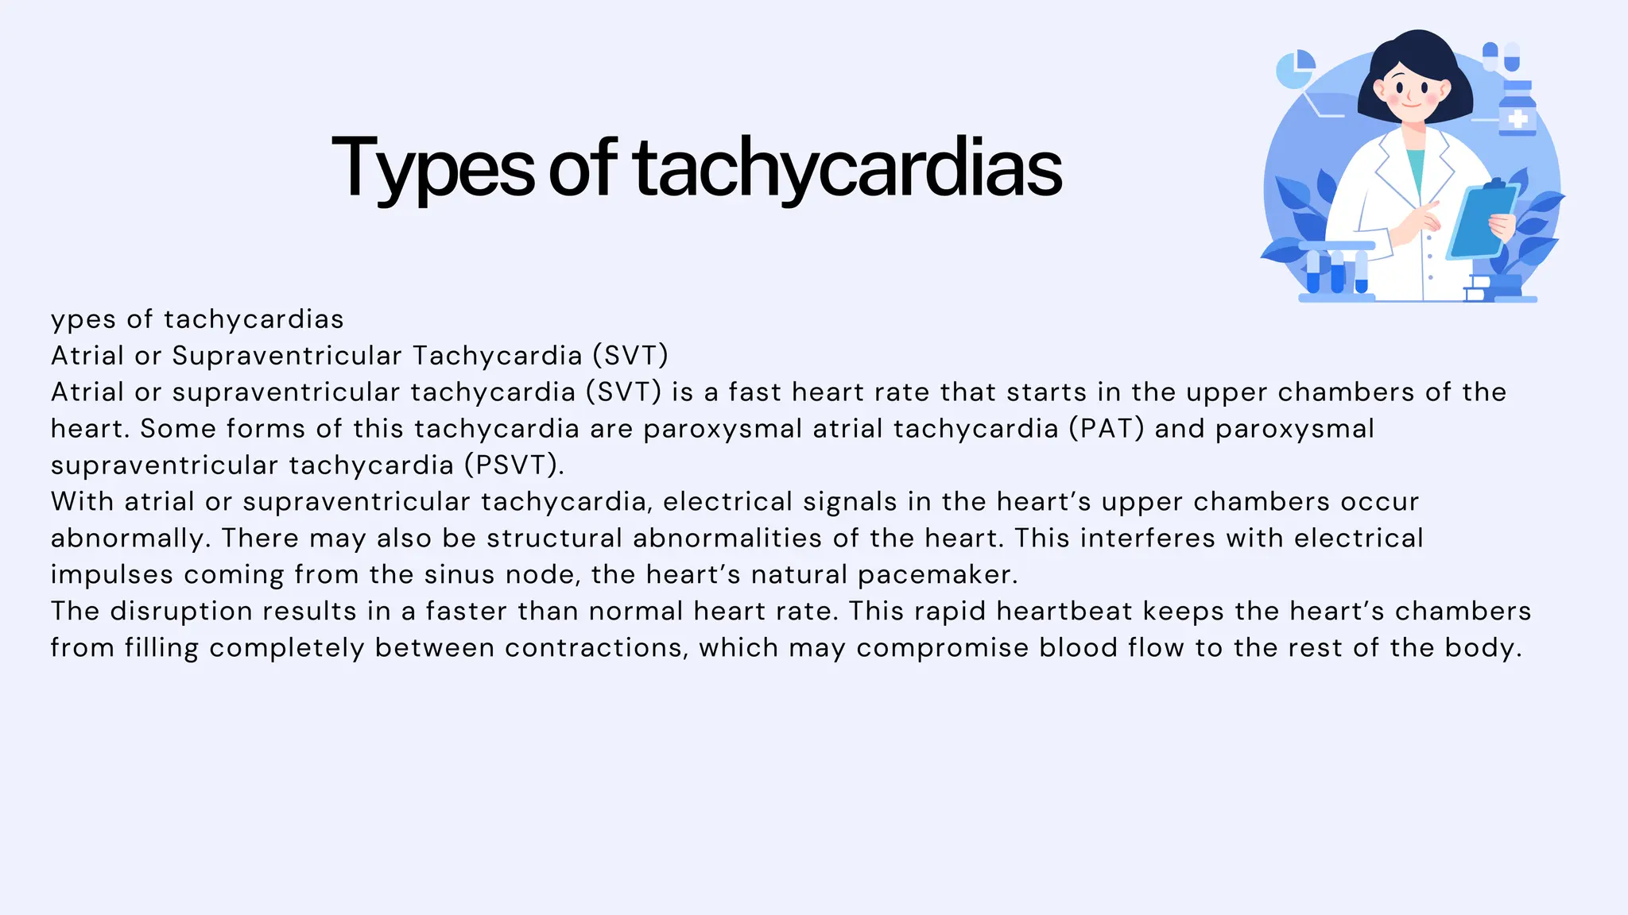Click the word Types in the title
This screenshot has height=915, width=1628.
point(433,168)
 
